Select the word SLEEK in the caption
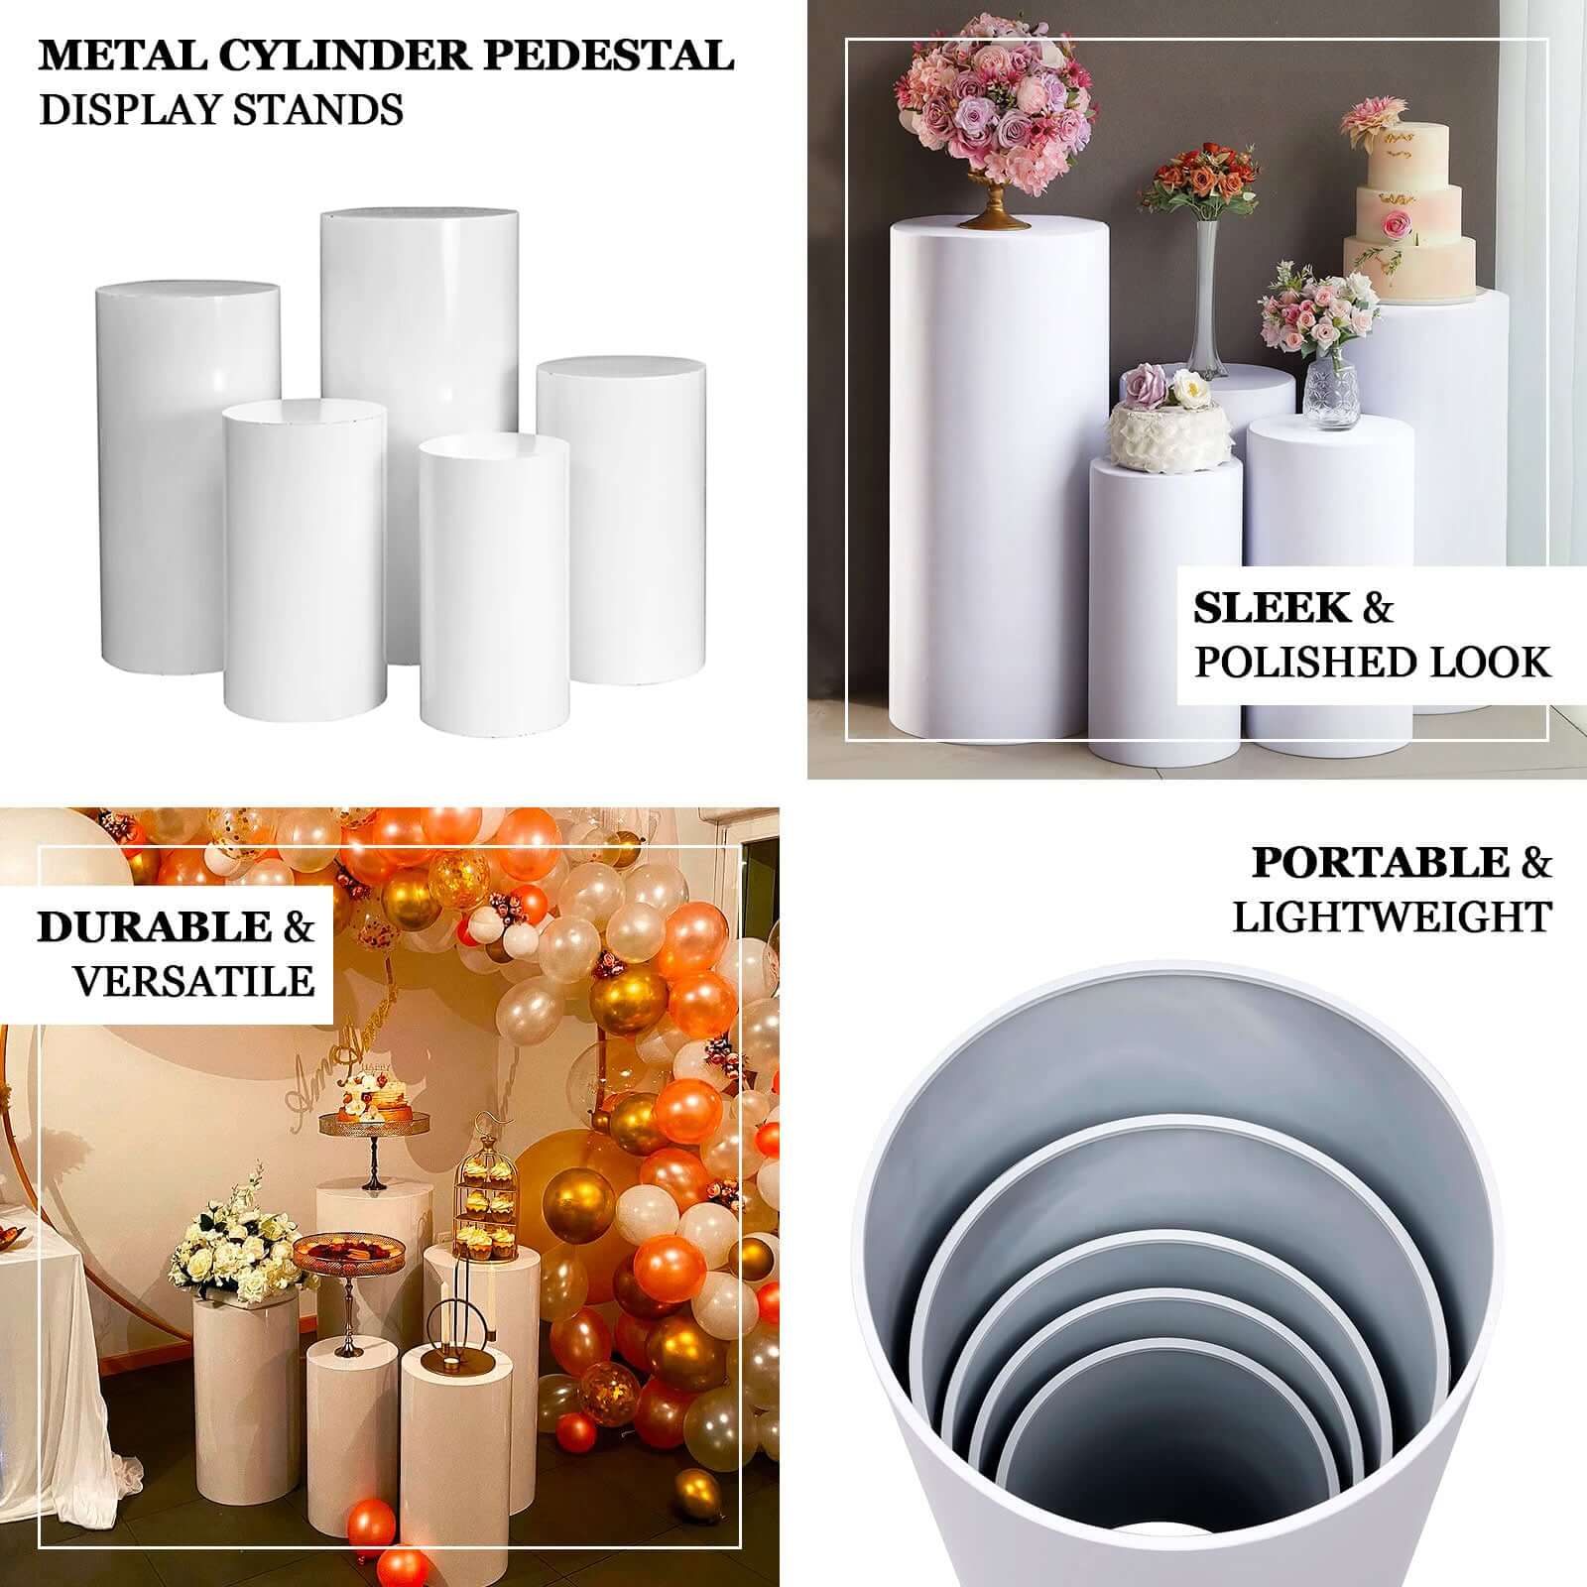[1272, 608]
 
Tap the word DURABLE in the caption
[154, 926]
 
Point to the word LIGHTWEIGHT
[1392, 917]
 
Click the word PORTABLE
[1380, 863]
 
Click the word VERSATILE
[193, 981]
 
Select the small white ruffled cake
[1160, 427]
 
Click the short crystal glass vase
[1329, 395]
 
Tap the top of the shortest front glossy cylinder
[493, 448]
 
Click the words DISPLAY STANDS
[221, 109]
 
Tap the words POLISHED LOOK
[1372, 663]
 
